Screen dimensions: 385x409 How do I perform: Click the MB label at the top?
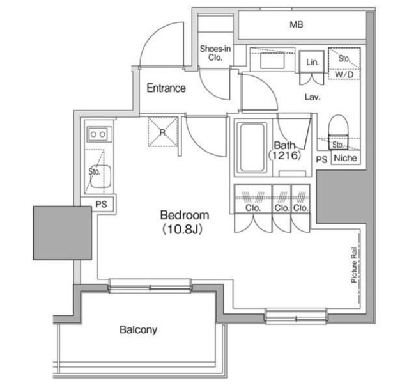click(x=295, y=25)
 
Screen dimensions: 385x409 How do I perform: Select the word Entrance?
click(x=166, y=88)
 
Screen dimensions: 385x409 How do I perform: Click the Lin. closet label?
click(x=313, y=62)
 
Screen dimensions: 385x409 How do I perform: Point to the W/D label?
click(x=344, y=74)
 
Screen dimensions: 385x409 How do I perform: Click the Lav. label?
click(x=312, y=97)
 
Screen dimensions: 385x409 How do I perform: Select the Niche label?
click(x=346, y=158)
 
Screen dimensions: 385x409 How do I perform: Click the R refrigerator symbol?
click(x=162, y=132)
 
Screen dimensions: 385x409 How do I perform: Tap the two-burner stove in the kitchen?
click(x=98, y=134)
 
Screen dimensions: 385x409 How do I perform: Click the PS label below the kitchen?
click(x=101, y=205)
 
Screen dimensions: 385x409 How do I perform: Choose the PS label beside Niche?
click(x=321, y=159)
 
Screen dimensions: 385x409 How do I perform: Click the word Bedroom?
click(x=184, y=216)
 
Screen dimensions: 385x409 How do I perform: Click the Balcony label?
click(x=138, y=330)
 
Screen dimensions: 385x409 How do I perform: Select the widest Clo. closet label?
click(x=252, y=208)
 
